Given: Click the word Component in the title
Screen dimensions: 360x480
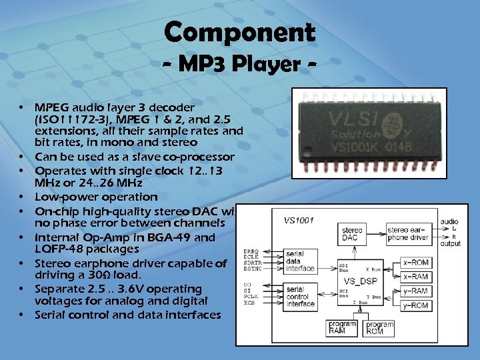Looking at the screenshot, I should tap(239, 32).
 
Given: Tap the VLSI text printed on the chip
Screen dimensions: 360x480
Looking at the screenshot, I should tap(363, 122).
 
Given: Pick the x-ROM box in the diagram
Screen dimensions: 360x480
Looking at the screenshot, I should tap(415, 263).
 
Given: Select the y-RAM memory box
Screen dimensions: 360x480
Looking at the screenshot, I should tap(415, 291).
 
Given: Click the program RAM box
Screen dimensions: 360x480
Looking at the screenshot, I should tap(342, 327).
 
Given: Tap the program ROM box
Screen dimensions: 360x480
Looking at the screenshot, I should tap(379, 327).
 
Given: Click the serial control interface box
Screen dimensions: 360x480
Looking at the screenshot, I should tap(301, 296).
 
